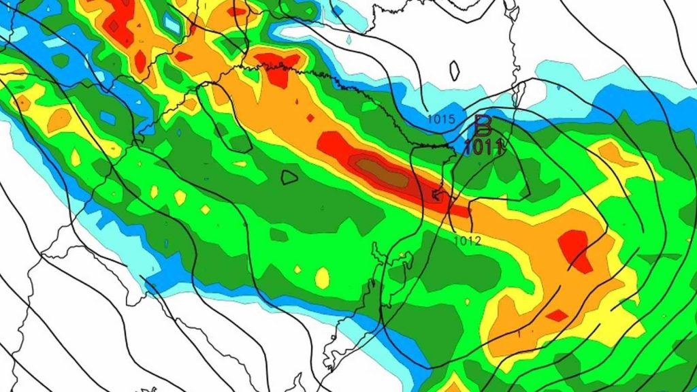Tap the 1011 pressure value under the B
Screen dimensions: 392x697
tap(483, 145)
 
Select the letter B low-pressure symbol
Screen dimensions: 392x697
tap(483, 125)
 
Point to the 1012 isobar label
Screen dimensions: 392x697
tap(468, 241)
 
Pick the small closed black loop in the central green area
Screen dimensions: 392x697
tap(289, 177)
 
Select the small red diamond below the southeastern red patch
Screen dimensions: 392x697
tap(557, 315)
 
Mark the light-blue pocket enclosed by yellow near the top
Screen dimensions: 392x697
tap(172, 24)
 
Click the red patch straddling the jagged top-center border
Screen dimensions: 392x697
tap(280, 67)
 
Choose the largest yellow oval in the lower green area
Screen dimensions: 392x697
tap(322, 277)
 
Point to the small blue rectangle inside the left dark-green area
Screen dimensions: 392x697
tap(108, 117)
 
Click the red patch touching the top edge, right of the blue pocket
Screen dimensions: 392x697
tap(238, 11)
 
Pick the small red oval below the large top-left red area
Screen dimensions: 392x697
tap(140, 61)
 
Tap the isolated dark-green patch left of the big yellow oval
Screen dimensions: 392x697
tap(278, 234)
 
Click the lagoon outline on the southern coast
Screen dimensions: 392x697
tap(371, 286)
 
